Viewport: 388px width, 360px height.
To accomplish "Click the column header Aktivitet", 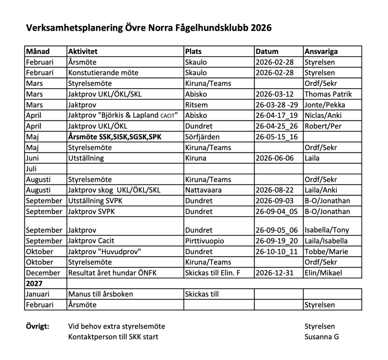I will (83, 51).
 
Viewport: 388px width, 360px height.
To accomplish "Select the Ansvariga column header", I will (321, 51).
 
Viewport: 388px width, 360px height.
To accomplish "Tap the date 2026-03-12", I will (274, 94).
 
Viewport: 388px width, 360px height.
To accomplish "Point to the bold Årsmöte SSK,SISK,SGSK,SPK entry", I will (115, 137).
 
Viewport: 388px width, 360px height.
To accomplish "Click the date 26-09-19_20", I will (277, 241).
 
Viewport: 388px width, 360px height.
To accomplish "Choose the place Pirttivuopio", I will (204, 241).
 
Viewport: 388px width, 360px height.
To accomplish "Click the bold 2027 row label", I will (34, 283).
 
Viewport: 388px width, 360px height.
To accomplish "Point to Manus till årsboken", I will (100, 294).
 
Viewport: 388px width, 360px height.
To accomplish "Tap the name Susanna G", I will (321, 337).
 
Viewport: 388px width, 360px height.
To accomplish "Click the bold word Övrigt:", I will (37, 326).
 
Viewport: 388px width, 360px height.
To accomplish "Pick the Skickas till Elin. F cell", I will (213, 273).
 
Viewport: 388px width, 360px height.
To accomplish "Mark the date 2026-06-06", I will (274, 158).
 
